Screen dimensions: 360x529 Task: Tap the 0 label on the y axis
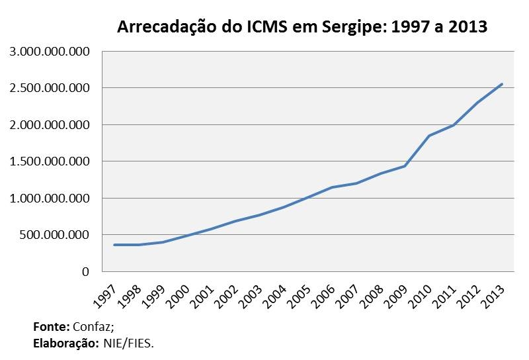click(85, 271)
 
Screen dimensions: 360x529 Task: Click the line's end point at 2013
click(502, 84)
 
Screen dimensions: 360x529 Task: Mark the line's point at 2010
click(429, 136)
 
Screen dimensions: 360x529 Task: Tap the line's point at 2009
click(405, 166)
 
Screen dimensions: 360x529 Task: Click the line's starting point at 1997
click(114, 245)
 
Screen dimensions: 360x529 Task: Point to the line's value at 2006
click(332, 187)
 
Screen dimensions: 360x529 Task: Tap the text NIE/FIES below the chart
click(128, 343)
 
